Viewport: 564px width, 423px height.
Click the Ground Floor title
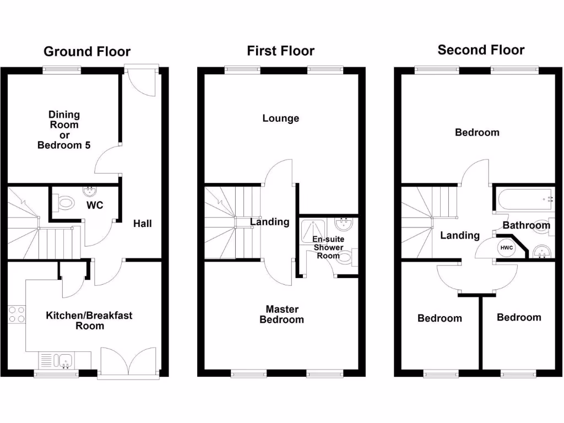[87, 52]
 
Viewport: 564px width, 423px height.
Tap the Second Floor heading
[481, 50]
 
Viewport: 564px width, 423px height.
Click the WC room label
[95, 205]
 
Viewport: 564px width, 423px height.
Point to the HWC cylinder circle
[506, 248]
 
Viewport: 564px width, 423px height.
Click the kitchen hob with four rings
[17, 314]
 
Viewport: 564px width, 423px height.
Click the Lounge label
[280, 118]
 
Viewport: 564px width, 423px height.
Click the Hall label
[142, 224]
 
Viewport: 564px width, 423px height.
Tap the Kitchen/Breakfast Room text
[89, 321]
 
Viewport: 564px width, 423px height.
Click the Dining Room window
[62, 70]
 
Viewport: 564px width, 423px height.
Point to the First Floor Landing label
[269, 222]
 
